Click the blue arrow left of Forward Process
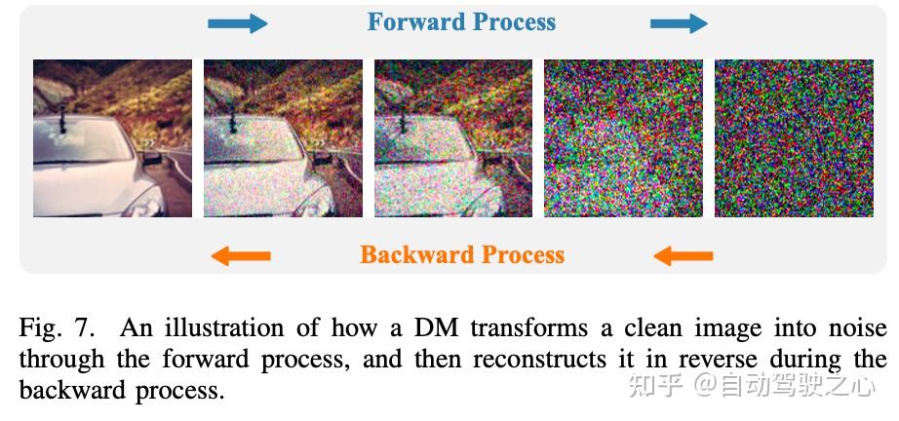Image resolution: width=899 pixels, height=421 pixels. [x=237, y=23]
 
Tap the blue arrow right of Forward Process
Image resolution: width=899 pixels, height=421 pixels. [x=679, y=23]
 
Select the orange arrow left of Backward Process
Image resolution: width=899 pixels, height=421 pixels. [x=241, y=255]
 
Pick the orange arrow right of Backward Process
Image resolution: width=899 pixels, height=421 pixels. [x=683, y=255]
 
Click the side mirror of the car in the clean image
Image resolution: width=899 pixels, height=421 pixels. [x=152, y=158]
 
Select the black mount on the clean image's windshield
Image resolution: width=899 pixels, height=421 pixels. [x=62, y=120]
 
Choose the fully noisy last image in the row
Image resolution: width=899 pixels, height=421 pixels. [x=794, y=138]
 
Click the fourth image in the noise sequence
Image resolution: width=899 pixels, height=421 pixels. [x=623, y=138]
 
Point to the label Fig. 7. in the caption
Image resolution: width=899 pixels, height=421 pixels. [x=56, y=328]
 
